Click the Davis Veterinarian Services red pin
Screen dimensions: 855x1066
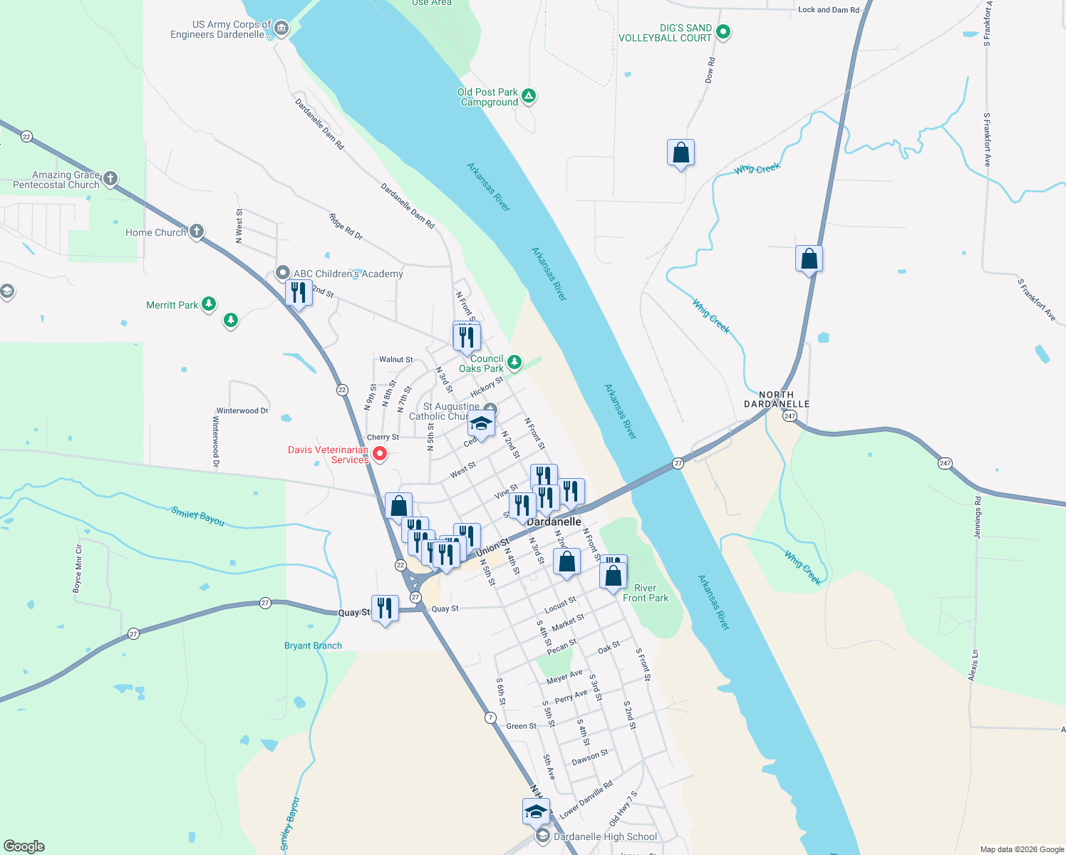[380, 453]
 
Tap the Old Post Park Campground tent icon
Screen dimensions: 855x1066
[529, 95]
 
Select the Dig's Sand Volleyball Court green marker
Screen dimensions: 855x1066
[723, 31]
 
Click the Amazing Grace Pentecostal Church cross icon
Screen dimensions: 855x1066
[110, 178]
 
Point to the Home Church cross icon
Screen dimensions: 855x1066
[197, 231]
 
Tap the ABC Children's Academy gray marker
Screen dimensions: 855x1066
[283, 273]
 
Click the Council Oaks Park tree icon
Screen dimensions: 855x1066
[514, 362]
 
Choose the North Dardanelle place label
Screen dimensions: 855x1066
[777, 399]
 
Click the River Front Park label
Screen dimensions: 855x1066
[646, 593]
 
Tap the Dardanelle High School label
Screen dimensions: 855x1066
[605, 836]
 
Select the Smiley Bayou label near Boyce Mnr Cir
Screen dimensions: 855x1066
[198, 516]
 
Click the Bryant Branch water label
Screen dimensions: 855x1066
[313, 646]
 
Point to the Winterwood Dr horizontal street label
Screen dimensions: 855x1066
[242, 411]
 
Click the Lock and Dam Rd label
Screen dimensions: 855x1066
[829, 10]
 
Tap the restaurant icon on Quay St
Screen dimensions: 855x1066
[385, 608]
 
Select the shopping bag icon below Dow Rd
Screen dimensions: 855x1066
[681, 153]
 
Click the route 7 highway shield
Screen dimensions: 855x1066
[490, 717]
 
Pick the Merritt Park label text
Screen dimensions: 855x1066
[172, 305]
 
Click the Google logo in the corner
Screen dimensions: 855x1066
[24, 846]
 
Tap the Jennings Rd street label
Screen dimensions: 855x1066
[978, 518]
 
